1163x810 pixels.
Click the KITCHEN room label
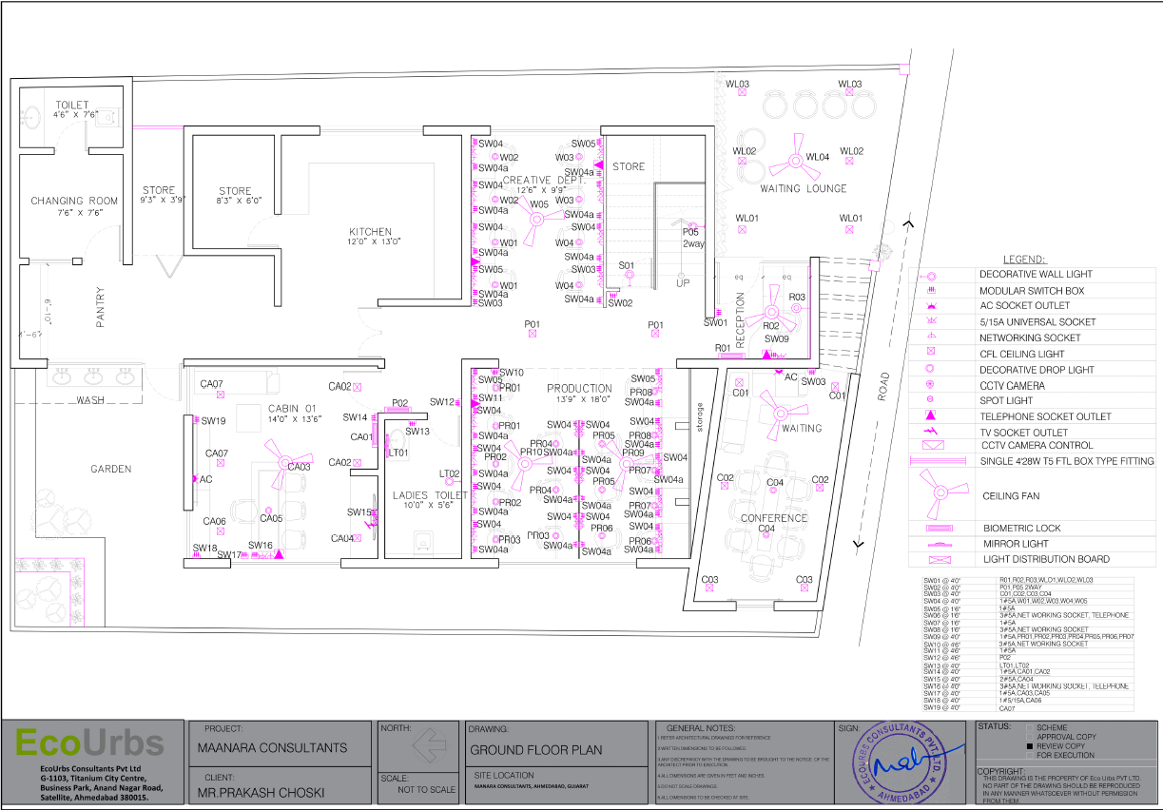[370, 232]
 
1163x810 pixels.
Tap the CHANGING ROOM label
[74, 201]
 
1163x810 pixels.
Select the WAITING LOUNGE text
[803, 188]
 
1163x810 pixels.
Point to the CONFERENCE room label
[774, 518]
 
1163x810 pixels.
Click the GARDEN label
[111, 469]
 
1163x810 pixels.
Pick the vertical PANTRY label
[100, 308]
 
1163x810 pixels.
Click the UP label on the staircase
[683, 283]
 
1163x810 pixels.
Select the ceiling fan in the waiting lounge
[793, 161]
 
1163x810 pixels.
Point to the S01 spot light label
[627, 265]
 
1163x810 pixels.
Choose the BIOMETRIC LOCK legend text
[1021, 528]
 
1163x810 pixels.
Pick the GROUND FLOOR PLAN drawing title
[536, 749]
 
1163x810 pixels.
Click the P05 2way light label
[692, 238]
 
